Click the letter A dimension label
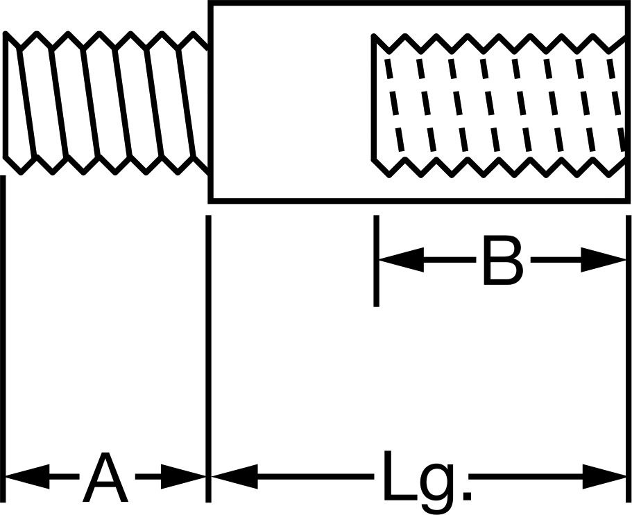pos(105,477)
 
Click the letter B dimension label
pos(503,261)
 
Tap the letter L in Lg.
pos(398,475)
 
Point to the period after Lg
pos(468,496)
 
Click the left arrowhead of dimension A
pos(26,477)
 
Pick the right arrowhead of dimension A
pos(183,477)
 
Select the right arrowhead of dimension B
pos(604,260)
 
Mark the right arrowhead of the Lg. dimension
pos(604,477)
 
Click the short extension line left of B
pos(376,261)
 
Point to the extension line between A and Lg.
pos(208,359)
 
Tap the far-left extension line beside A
pos(3,339)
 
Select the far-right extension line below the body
pos(629,359)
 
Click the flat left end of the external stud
pos(6,95)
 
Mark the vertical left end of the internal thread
pos(374,98)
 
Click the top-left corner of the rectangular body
pos(210,3)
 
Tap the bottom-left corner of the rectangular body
pos(210,201)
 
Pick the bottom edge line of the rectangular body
pos(419,201)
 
